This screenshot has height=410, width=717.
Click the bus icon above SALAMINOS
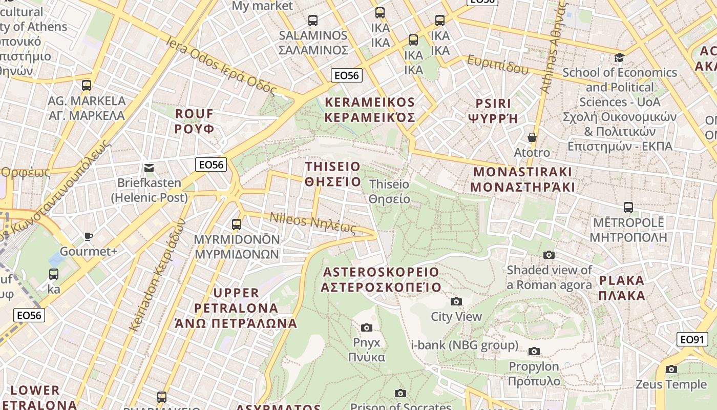pos(312,20)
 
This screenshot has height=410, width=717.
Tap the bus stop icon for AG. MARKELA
pos(87,86)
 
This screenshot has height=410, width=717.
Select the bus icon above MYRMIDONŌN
pos(236,224)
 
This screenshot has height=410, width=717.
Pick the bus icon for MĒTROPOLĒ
pos(628,208)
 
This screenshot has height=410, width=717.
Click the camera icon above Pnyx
pos(366,328)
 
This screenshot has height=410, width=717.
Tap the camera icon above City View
pos(456,302)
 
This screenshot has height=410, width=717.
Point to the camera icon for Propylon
pos(534,352)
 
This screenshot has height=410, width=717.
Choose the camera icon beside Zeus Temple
pos(671,370)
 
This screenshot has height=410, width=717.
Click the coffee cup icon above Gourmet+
pos(89,236)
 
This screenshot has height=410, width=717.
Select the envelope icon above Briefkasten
pos(149,168)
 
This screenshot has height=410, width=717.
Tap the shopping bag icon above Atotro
pos(532,137)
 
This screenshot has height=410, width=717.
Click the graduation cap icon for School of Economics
pos(620,57)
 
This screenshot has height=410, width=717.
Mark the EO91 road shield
pos(692,339)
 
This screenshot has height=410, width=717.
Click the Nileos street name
pos(312,222)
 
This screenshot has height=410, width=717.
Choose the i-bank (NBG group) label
pos(465,345)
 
